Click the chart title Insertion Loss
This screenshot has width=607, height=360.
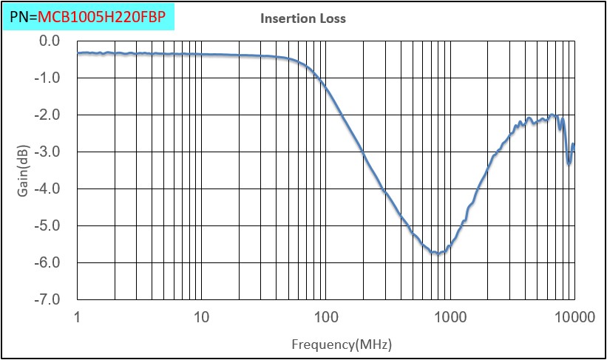point(303,18)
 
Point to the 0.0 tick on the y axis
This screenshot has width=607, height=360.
point(50,41)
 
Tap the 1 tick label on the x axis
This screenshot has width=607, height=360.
point(78,319)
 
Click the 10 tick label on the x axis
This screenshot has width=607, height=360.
point(201,319)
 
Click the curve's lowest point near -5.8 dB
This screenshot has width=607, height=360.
point(438,254)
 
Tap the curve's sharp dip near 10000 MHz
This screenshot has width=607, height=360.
point(569,163)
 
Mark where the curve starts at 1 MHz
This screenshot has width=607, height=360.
point(78,53)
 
